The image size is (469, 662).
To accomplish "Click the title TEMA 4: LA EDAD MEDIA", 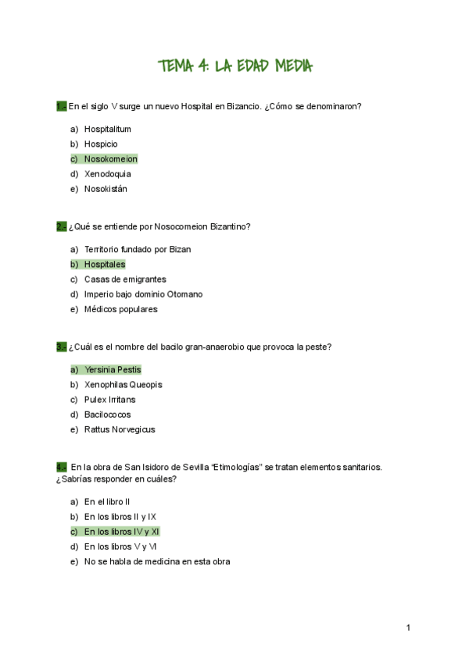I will [x=234, y=66].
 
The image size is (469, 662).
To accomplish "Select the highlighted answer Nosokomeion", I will [x=110, y=159].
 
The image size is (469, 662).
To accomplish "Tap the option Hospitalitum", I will [x=107, y=130].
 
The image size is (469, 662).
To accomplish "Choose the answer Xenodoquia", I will [x=107, y=174].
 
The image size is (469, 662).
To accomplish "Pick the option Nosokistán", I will [x=106, y=189].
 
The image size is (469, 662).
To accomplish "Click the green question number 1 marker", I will [x=61, y=106].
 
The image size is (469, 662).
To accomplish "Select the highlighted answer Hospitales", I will [x=105, y=265].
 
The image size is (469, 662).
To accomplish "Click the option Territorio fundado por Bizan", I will [x=138, y=250].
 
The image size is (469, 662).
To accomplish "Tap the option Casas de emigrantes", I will [x=125, y=279].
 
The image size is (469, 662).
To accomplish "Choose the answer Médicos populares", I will [x=120, y=309].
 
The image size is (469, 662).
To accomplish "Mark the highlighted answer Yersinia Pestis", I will [x=113, y=370].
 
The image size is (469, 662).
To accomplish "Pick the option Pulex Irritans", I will [x=109, y=400].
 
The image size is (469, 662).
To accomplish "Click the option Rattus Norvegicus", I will [x=120, y=429].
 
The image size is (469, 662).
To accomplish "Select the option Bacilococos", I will [x=107, y=415].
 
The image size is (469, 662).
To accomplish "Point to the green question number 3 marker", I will [x=61, y=347].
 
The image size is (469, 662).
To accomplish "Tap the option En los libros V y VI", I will [x=121, y=546].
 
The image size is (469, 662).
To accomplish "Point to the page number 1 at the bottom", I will [x=408, y=628].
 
